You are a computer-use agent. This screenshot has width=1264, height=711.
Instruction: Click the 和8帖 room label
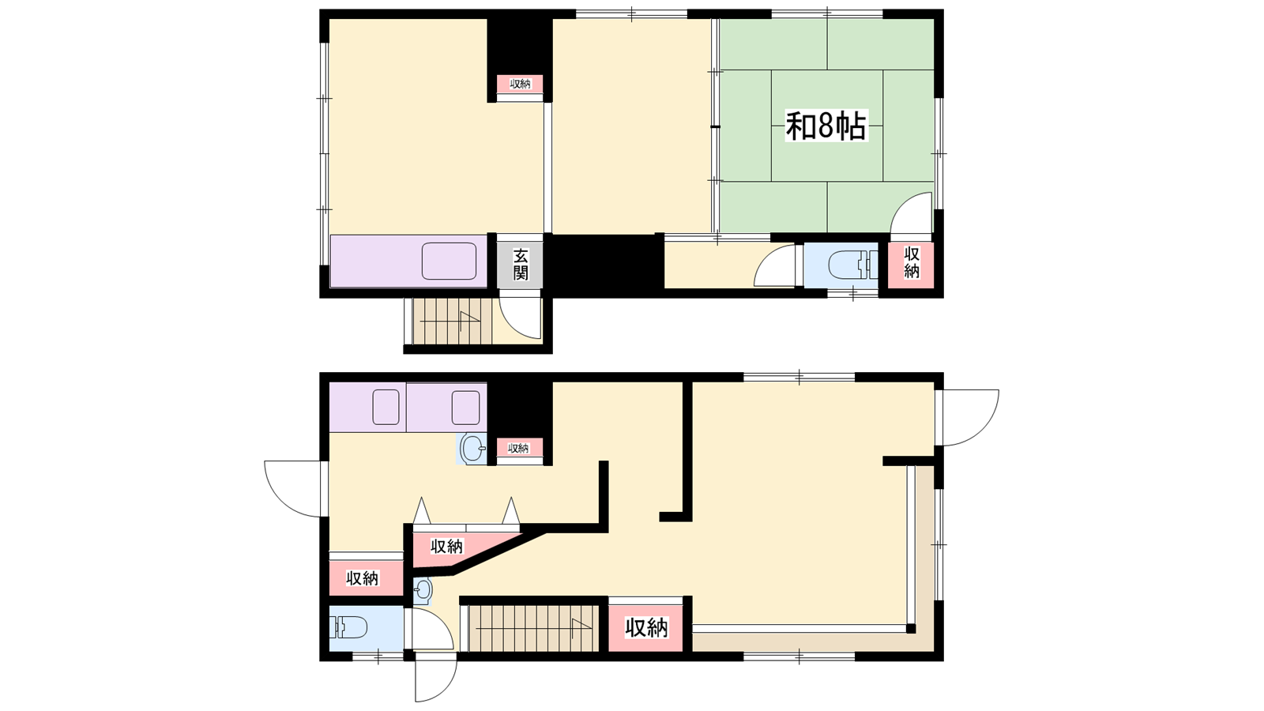[x=826, y=126]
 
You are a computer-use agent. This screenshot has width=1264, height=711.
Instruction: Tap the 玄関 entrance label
[x=521, y=265]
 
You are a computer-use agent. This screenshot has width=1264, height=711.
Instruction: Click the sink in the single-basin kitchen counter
[x=450, y=261]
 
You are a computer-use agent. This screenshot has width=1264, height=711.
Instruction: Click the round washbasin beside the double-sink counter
[x=472, y=449]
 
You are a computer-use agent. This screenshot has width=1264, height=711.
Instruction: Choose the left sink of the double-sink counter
[x=386, y=408]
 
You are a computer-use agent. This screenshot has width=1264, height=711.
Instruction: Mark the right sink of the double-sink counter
[x=465, y=408]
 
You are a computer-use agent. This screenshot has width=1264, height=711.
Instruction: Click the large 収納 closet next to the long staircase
[x=646, y=628]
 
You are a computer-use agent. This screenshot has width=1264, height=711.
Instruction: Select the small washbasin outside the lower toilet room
[x=423, y=592]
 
